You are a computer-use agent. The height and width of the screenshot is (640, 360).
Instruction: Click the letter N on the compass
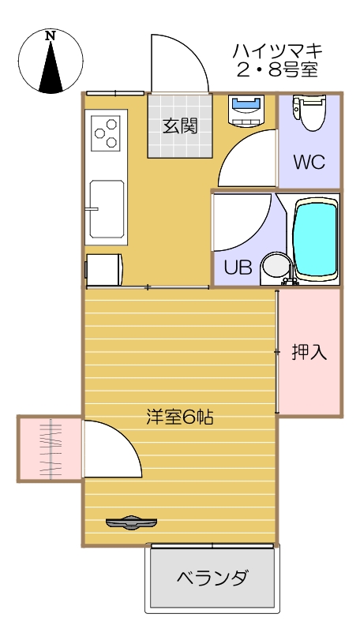coord(51,36)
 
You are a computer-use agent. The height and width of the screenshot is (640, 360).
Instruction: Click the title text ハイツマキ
coord(276,51)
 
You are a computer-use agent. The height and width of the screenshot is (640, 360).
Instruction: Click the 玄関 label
coord(180,125)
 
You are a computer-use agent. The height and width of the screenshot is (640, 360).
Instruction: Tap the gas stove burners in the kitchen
coord(106,133)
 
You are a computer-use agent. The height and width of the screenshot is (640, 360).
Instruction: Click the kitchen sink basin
coord(106,208)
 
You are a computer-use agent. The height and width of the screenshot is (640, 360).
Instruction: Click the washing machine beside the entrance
coord(246,110)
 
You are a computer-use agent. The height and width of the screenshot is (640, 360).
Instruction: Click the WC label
coord(309,162)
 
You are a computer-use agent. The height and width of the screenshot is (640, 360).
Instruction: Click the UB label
coord(238,268)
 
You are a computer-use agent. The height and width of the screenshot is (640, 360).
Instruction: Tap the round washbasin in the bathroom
coord(276,267)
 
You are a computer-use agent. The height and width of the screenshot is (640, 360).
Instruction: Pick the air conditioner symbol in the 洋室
coord(132,522)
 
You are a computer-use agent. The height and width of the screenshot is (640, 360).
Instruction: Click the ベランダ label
coord(211,578)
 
